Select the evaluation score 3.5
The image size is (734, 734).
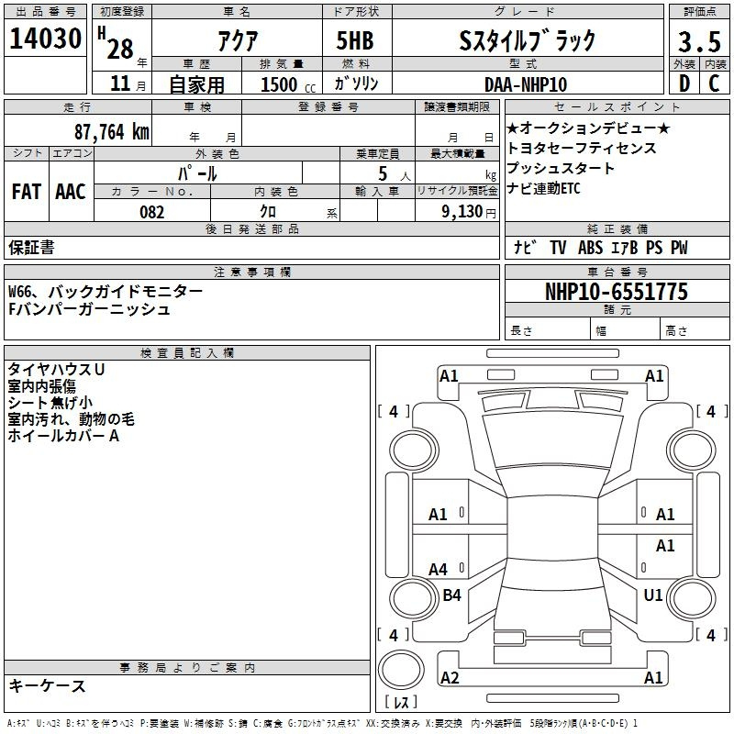tap(697, 42)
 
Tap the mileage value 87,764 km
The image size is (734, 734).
tap(111, 131)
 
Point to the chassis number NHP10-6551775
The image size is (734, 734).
tap(616, 292)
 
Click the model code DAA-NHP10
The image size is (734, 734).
tap(526, 84)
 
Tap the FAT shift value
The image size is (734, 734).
tap(26, 191)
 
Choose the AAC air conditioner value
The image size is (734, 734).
tap(70, 191)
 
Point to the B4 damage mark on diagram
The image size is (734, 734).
tap(451, 595)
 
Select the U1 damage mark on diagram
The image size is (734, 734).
tap(653, 595)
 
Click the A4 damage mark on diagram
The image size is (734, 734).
tap(439, 570)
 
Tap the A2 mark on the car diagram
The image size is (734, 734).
tap(450, 677)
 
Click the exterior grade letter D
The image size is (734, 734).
tap(684, 84)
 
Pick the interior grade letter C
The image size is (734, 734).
tap(714, 84)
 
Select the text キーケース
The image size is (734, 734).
tap(48, 685)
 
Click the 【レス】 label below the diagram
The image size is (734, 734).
tap(401, 703)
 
